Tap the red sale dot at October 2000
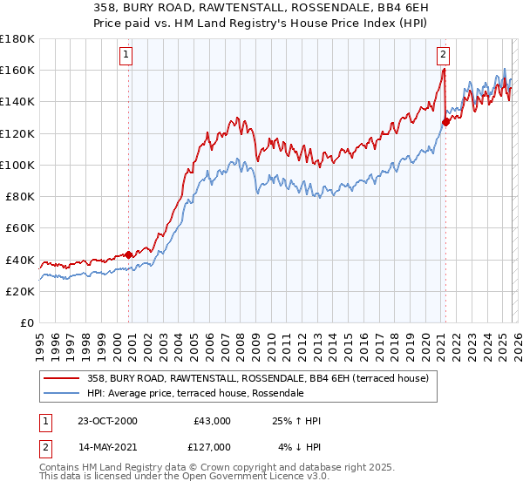(x=129, y=254)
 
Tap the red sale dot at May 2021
(x=445, y=122)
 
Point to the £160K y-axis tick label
(x=17, y=70)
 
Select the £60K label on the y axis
(x=20, y=227)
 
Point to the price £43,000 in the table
(x=212, y=421)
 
